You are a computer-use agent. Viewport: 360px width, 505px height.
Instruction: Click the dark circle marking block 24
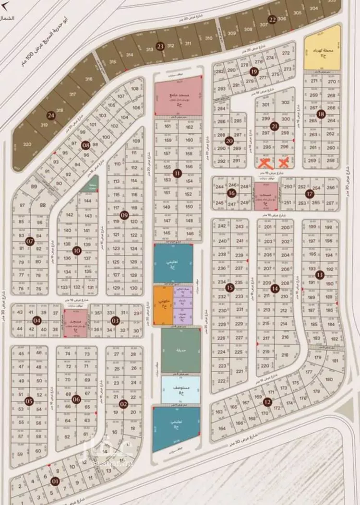pyautogui.click(x=51, y=115)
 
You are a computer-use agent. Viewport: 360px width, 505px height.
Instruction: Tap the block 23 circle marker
pyautogui.click(x=160, y=46)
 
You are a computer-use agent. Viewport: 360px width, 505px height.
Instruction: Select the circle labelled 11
pyautogui.click(x=178, y=174)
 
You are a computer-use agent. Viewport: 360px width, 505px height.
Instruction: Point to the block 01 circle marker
pyautogui.click(x=55, y=482)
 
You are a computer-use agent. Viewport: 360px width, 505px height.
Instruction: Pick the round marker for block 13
pyautogui.click(x=320, y=275)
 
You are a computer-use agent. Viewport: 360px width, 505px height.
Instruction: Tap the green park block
pyautogui.click(x=180, y=351)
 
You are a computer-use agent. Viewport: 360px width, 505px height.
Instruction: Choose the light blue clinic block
pyautogui.click(x=180, y=389)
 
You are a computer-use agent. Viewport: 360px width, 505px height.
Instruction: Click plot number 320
pyautogui.click(x=27, y=144)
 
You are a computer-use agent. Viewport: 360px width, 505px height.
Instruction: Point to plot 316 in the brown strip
pyautogui.click(x=88, y=79)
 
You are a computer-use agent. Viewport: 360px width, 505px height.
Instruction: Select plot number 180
pyautogui.click(x=329, y=379)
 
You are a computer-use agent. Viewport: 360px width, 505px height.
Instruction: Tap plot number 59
pyautogui.click(x=20, y=453)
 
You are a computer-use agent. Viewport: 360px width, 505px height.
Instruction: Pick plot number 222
pyautogui.click(x=221, y=381)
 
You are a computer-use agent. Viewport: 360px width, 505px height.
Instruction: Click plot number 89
pyautogui.click(x=33, y=187)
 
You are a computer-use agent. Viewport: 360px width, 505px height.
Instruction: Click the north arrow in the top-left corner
pyautogui.click(x=5, y=6)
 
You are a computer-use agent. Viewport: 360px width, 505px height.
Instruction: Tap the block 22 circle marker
pyautogui.click(x=273, y=20)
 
